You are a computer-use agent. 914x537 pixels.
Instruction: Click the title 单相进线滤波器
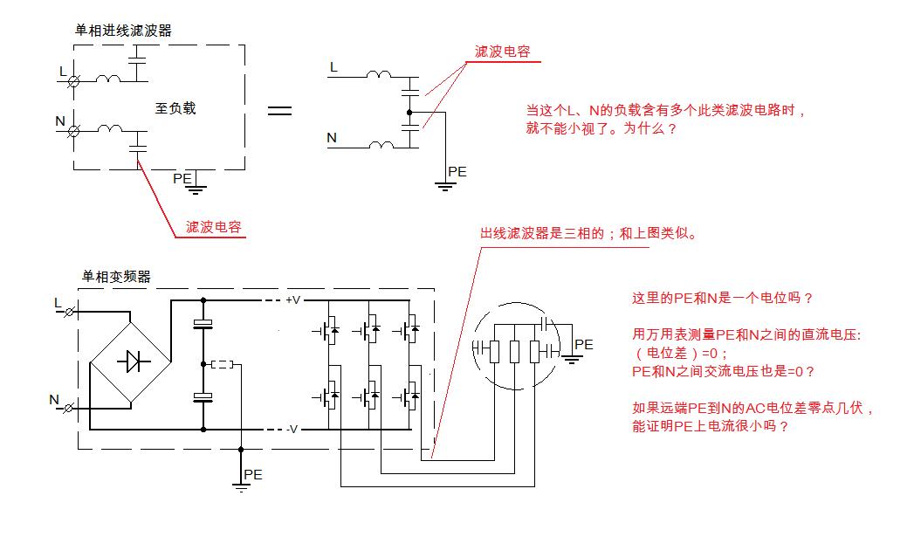[123, 31]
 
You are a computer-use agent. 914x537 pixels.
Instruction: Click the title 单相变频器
[116, 277]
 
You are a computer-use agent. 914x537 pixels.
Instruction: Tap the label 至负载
[175, 108]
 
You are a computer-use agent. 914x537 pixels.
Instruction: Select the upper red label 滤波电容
[502, 52]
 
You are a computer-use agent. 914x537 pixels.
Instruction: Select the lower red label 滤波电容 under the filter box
[214, 228]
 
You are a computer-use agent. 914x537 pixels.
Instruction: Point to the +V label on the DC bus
[292, 300]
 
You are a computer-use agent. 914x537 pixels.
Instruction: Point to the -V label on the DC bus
[292, 429]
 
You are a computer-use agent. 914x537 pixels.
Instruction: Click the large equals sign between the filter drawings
[279, 111]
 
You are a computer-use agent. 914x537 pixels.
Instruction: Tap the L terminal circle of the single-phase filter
[74, 81]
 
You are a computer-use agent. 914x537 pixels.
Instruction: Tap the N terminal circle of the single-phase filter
[74, 131]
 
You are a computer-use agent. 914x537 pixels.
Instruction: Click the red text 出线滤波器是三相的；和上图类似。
[588, 235]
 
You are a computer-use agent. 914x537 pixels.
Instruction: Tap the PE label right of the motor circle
[583, 345]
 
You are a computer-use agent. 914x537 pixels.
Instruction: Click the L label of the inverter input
[58, 303]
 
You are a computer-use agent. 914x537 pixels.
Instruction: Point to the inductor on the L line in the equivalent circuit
[378, 76]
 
